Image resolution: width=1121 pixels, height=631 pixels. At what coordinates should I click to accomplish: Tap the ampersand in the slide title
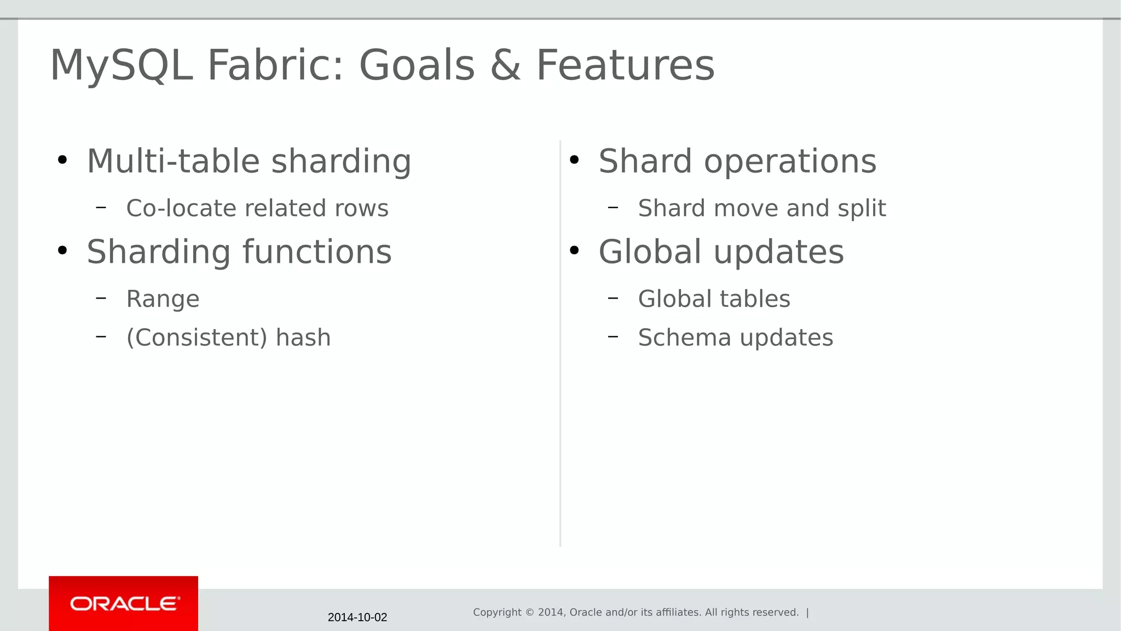click(505, 65)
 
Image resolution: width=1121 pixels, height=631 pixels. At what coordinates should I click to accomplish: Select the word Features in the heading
click(625, 65)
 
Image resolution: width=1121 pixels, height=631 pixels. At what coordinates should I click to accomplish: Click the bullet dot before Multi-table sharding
click(62, 160)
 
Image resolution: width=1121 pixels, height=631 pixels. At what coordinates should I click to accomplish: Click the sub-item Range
click(163, 299)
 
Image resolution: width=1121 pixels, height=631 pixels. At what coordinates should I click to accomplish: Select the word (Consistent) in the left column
click(197, 337)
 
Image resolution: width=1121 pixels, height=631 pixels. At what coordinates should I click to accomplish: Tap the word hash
click(303, 337)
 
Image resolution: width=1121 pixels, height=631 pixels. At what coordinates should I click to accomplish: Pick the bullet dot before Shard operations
click(574, 160)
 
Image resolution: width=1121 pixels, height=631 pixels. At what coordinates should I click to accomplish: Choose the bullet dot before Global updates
click(574, 251)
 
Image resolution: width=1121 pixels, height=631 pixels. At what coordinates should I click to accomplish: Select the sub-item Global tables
click(714, 299)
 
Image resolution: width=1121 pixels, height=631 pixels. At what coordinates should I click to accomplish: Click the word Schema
click(684, 337)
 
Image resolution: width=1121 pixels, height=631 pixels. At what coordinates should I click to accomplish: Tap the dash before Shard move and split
click(613, 208)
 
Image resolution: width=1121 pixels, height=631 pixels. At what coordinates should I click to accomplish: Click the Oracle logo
click(124, 604)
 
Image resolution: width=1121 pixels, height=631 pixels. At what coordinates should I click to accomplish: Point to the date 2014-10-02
click(357, 617)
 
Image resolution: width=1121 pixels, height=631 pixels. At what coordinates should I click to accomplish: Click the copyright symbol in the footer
click(529, 612)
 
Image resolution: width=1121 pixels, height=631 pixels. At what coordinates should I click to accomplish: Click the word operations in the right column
click(790, 162)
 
